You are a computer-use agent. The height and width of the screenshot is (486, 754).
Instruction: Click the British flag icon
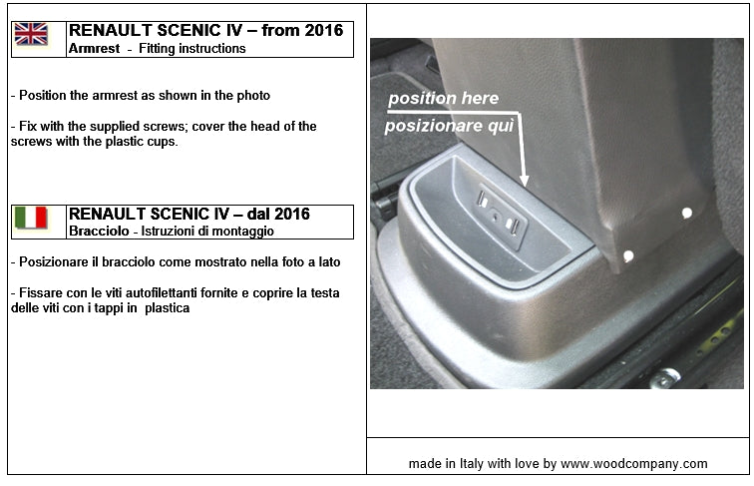point(30,35)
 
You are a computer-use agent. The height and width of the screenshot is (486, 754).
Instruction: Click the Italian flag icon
point(30,218)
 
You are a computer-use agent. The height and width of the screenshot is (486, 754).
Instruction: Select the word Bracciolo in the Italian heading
point(97,231)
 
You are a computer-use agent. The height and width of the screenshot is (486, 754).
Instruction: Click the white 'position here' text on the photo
point(443,99)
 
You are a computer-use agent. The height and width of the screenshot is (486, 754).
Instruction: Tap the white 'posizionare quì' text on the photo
point(451,126)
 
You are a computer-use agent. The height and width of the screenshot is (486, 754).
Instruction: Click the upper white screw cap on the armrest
point(686,213)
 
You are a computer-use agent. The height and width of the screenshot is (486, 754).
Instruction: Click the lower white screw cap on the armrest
point(627,257)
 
